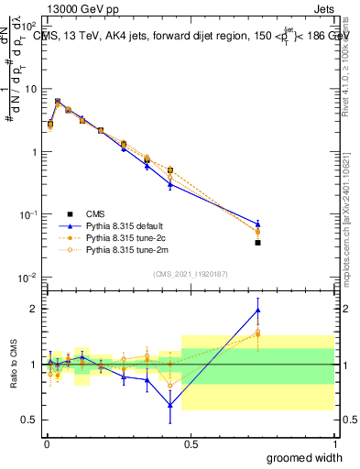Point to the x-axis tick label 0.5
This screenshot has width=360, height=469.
[x=190, y=443]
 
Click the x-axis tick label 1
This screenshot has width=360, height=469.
[x=333, y=443]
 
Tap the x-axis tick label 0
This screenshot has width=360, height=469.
[x=47, y=443]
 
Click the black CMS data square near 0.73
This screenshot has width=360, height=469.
[x=257, y=243]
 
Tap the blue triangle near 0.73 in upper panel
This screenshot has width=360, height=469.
[x=257, y=224]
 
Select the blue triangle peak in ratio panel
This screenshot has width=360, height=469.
[x=257, y=310]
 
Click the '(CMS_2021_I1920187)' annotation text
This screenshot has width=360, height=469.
[x=190, y=273]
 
